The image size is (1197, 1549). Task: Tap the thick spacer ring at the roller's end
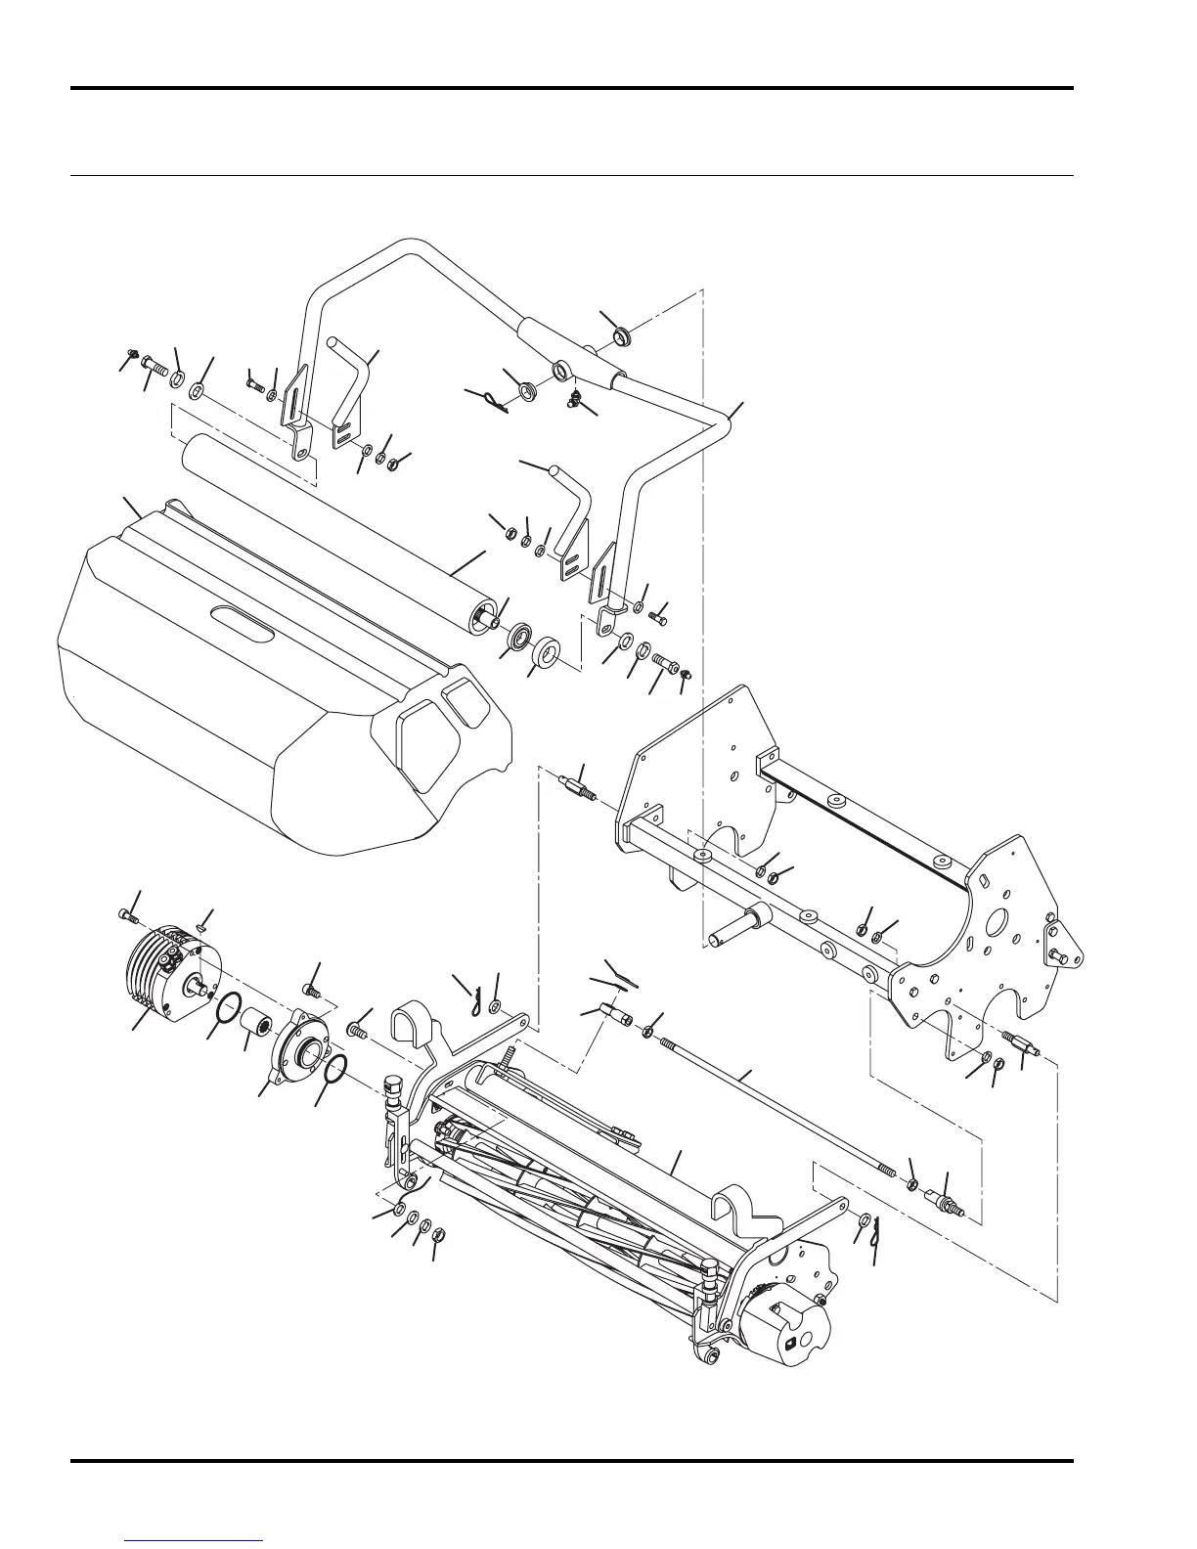tap(549, 652)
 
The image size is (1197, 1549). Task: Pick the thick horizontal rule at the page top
tap(572, 89)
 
